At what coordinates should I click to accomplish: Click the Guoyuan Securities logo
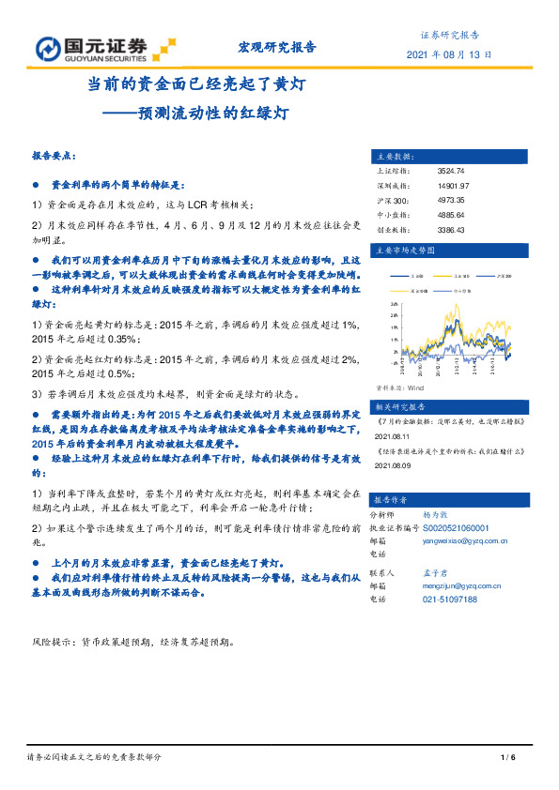tap(104, 48)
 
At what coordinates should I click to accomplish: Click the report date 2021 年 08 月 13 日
tap(448, 54)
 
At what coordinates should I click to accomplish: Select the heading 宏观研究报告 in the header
tap(272, 48)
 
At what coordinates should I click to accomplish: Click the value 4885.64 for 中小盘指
tap(452, 214)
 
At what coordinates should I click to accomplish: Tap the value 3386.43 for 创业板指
tap(452, 228)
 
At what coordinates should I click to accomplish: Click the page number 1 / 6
tap(509, 758)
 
